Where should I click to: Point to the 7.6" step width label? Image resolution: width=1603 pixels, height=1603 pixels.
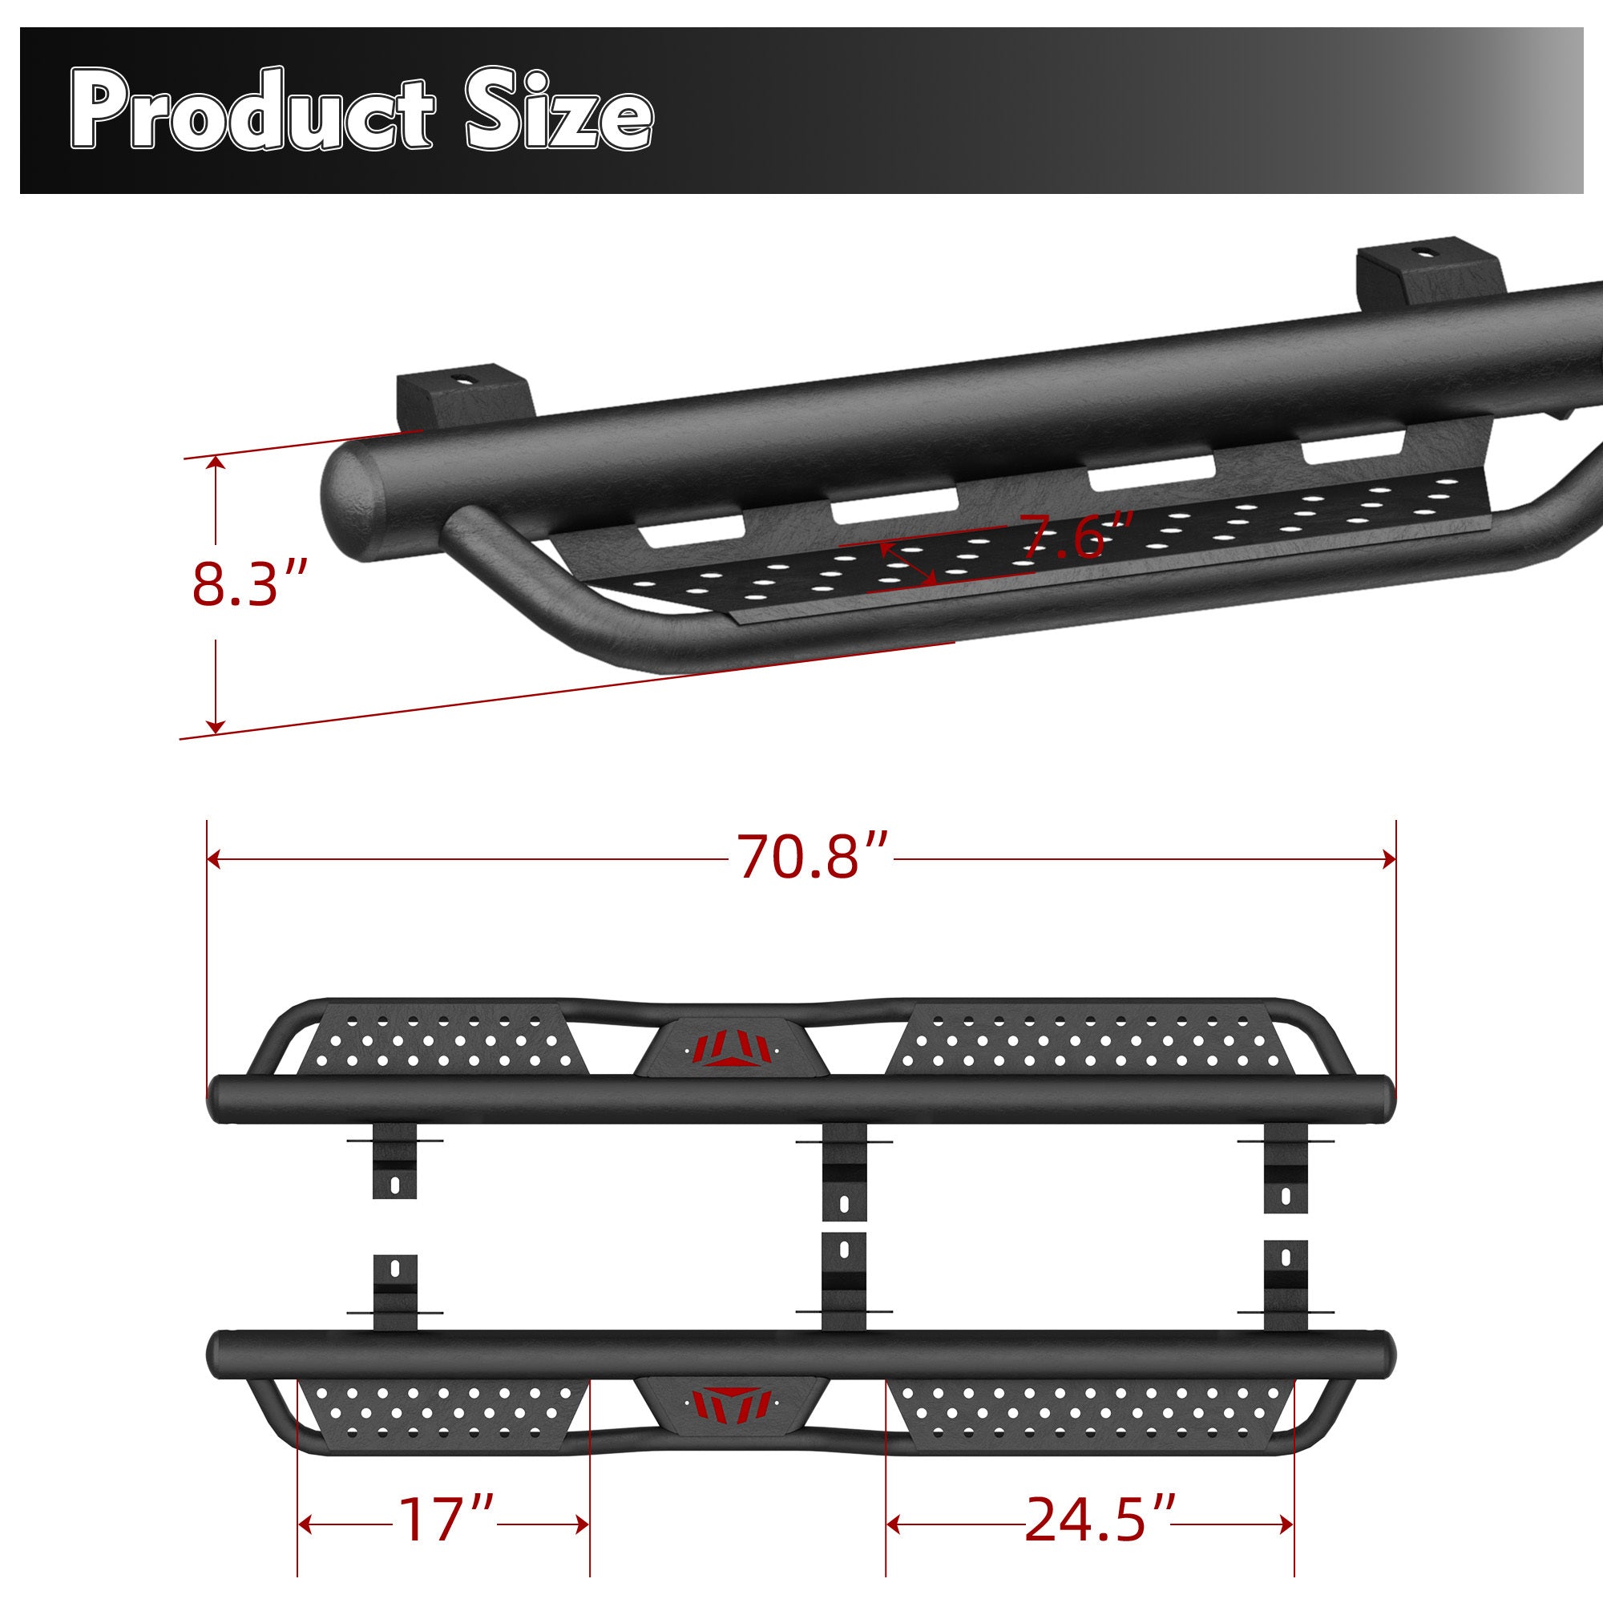point(1076,537)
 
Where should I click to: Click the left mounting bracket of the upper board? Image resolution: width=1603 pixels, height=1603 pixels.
point(395,1160)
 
